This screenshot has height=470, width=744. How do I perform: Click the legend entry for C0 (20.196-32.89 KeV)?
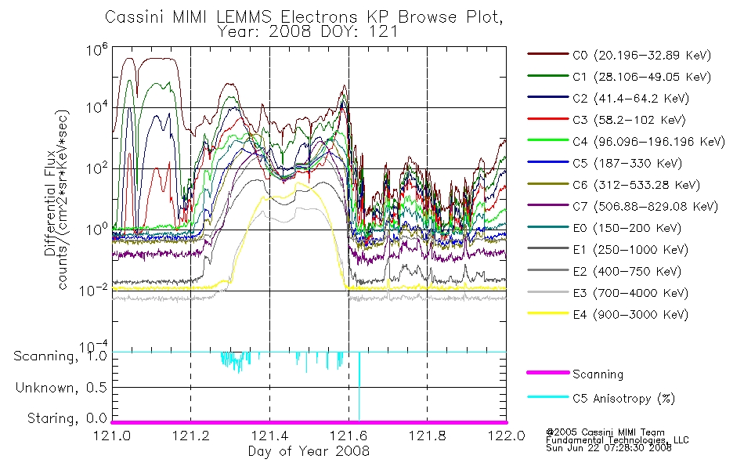(x=619, y=55)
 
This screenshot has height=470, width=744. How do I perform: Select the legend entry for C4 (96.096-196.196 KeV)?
(x=627, y=142)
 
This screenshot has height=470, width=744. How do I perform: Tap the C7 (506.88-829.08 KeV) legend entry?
(x=623, y=207)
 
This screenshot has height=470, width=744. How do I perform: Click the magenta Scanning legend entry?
(x=575, y=374)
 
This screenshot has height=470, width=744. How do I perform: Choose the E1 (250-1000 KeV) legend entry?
(x=608, y=250)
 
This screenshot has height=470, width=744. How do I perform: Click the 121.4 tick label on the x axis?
(x=270, y=436)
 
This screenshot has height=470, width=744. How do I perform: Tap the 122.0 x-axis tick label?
(x=507, y=436)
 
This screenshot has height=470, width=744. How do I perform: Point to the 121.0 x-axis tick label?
(x=112, y=436)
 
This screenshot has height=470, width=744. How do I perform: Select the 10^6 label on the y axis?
(x=97, y=49)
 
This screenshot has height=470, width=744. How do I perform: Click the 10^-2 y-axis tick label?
(x=93, y=289)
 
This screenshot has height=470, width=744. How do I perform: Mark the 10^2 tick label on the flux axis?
(x=97, y=168)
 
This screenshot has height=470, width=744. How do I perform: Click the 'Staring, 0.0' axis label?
(x=67, y=418)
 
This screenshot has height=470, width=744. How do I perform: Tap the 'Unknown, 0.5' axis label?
(x=61, y=388)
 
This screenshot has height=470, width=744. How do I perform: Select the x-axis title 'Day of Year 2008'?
(x=309, y=451)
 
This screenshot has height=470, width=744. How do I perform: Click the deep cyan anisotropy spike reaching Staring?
(x=359, y=386)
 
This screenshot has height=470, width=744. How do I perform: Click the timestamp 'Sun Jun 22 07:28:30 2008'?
(x=609, y=448)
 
